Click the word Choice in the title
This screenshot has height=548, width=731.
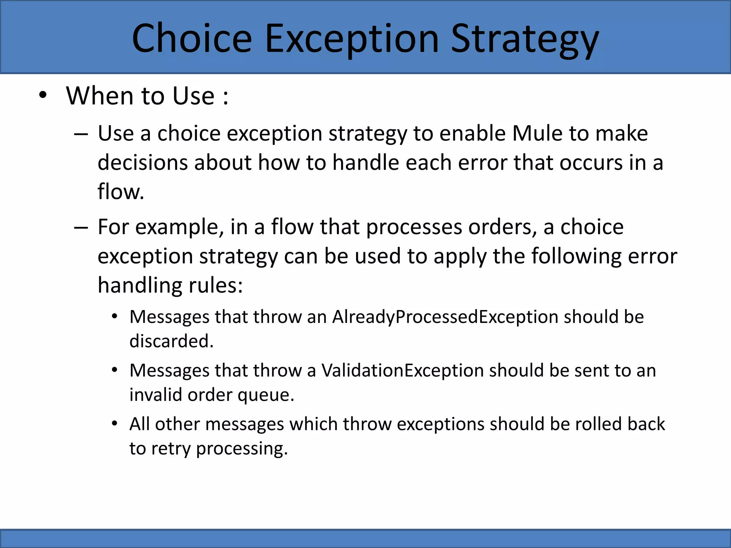[192, 38]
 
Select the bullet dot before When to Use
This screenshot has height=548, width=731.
[43, 96]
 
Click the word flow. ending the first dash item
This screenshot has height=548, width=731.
[121, 192]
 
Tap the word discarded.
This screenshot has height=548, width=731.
[171, 341]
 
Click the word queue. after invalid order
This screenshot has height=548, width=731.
[266, 395]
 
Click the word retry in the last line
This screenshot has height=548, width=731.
[171, 449]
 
